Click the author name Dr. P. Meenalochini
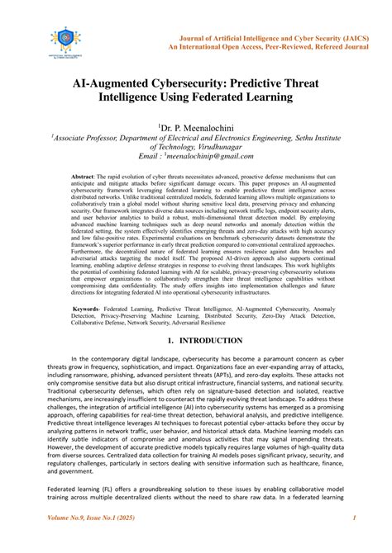(196, 126)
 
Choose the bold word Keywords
(91, 307)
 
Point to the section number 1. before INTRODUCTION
(170, 340)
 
